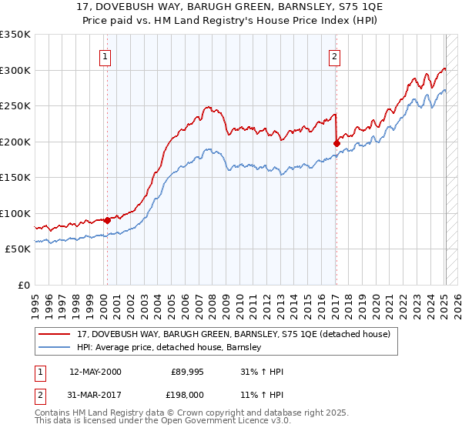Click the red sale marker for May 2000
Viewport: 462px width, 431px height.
[x=107, y=220]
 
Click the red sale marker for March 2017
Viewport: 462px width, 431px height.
[x=336, y=142]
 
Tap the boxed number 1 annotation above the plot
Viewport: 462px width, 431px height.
[x=104, y=55]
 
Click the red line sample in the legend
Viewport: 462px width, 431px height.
[x=55, y=334]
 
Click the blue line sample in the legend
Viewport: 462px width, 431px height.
[x=55, y=347]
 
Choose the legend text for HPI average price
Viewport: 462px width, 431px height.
[x=169, y=347]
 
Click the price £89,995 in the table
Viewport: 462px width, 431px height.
[x=187, y=372]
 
